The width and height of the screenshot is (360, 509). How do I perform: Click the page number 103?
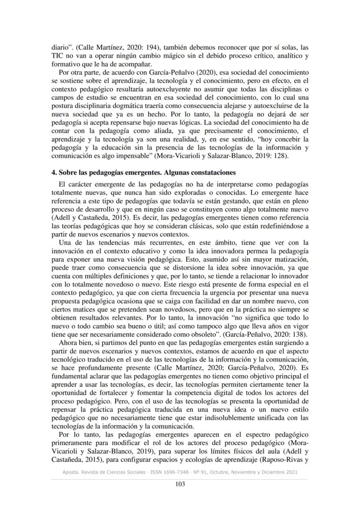tap(180, 484)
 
